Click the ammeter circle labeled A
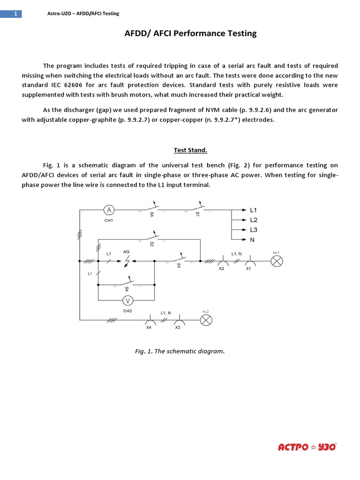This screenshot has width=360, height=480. point(109,210)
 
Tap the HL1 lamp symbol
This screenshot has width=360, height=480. point(277,262)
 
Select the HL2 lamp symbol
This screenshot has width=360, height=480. point(206,320)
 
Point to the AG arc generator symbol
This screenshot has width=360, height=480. point(126,261)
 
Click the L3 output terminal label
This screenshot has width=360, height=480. point(254,230)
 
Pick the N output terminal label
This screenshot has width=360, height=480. point(252,240)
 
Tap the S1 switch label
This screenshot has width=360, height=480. point(197,214)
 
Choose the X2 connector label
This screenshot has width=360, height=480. point(222,270)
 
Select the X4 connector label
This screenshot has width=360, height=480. point(149,328)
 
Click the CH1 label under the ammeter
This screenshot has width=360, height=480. point(109,220)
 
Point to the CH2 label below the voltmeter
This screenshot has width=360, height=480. point(127,310)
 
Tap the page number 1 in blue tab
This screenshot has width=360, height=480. point(15,14)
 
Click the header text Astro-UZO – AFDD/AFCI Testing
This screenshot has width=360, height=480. point(83,14)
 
